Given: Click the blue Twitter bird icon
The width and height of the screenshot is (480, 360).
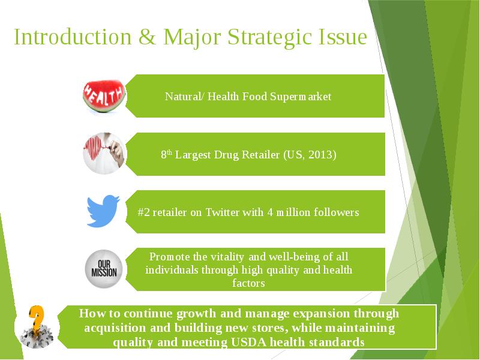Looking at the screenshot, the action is click(x=103, y=211).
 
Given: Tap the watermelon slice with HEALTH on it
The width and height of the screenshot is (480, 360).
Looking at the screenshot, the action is click(x=104, y=96).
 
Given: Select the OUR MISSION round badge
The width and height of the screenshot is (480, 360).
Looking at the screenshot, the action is click(x=104, y=269).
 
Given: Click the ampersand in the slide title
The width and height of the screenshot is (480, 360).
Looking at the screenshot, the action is click(x=147, y=37).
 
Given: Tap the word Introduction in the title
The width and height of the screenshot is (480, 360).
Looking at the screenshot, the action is click(x=73, y=37).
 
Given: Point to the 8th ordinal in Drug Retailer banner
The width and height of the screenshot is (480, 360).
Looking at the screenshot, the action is click(x=166, y=154).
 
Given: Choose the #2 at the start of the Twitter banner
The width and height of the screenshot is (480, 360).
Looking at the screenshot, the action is click(x=143, y=212).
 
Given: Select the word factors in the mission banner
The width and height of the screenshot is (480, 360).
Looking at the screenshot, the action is click(x=248, y=283).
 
